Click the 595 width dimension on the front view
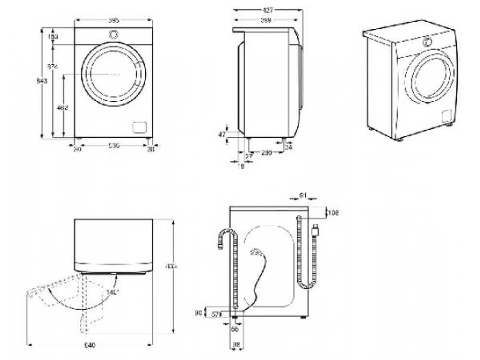[113, 20]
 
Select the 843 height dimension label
[42, 82]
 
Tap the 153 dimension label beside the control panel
[53, 36]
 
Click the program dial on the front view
[114, 35]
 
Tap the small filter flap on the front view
[139, 126]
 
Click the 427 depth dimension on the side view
[267, 10]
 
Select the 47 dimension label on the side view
[222, 135]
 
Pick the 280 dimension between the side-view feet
[267, 153]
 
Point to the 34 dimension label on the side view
[288, 147]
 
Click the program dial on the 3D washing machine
[426, 42]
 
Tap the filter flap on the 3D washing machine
[447, 116]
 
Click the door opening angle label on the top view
[113, 291]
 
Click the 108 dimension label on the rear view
[333, 213]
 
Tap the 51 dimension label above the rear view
[302, 195]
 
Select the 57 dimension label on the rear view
[216, 314]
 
